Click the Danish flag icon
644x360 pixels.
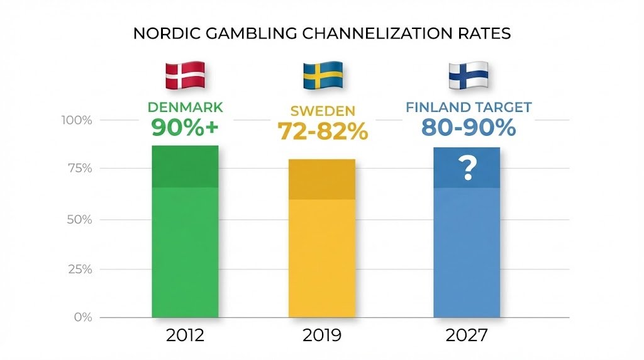click(x=185, y=75)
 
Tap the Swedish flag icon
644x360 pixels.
click(x=323, y=75)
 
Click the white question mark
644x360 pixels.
click(x=467, y=169)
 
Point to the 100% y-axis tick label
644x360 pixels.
click(x=77, y=120)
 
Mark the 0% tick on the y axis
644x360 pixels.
click(x=82, y=317)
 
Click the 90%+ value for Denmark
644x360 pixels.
click(x=185, y=127)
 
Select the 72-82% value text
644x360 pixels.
click(x=323, y=130)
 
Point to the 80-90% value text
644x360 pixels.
click(x=469, y=127)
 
